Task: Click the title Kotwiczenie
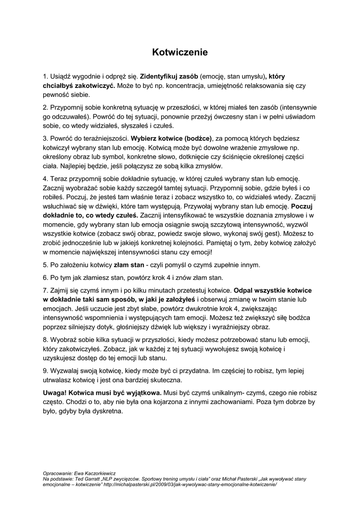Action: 180,52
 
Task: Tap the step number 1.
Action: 45,77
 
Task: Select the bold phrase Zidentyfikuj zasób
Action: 169,77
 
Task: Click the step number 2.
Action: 45,107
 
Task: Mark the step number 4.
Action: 45,177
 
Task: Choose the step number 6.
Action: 45,277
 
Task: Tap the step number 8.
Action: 45,339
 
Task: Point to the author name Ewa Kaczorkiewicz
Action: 94,474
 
